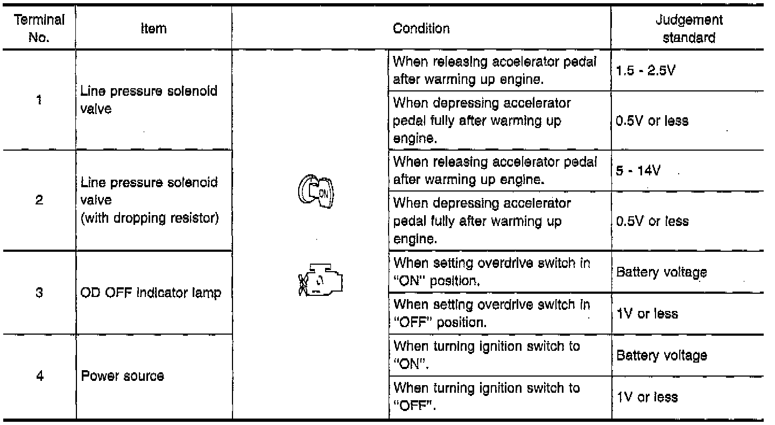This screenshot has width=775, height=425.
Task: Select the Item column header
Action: [153, 29]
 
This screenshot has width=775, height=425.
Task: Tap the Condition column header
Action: [421, 29]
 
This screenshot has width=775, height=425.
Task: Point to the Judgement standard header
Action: [689, 29]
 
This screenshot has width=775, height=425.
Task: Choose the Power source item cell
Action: [123, 376]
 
